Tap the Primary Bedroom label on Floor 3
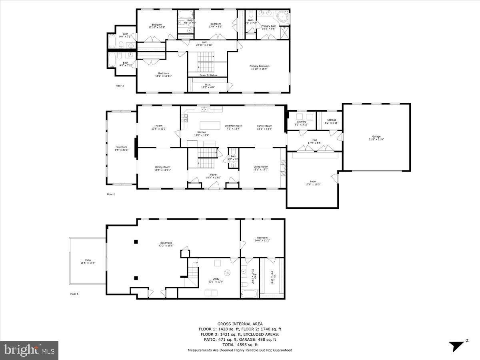[260, 67]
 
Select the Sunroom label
[121, 148]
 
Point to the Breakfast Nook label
[233, 127]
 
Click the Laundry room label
[301, 123]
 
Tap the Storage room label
[332, 121]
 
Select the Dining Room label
[162, 168]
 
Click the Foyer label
[214, 176]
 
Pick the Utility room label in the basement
[216, 280]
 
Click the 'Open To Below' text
[208, 75]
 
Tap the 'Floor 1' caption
[74, 294]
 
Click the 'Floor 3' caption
[120, 86]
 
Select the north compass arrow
[456, 346]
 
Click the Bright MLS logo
[29, 350]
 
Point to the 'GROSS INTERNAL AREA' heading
[240, 324]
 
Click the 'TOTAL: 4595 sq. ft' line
[240, 344]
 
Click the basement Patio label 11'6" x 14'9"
[88, 262]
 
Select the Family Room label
[264, 127]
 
